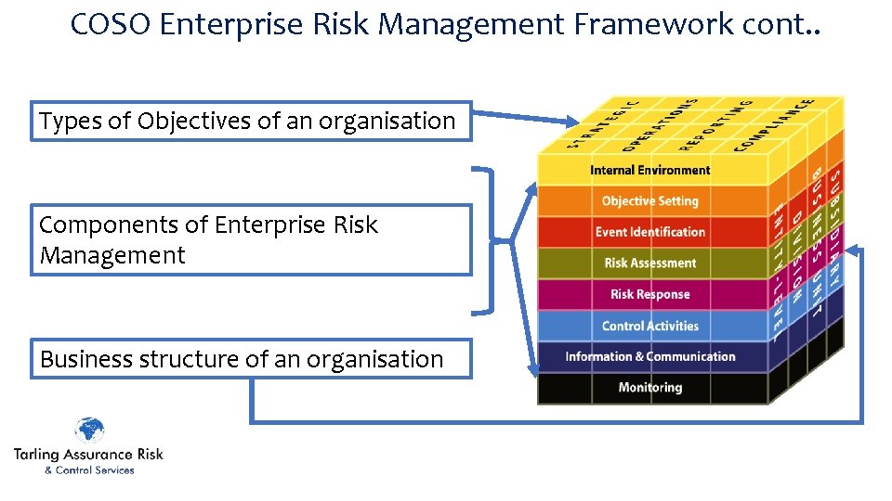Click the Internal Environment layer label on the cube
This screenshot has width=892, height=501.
(x=649, y=170)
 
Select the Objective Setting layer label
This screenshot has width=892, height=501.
(x=649, y=201)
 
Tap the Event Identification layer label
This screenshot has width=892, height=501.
(x=649, y=232)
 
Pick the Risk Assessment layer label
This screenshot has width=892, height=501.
(x=649, y=263)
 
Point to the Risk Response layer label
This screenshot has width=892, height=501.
(x=649, y=295)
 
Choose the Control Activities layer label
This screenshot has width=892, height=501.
(x=649, y=326)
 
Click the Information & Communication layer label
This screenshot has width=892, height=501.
(x=649, y=357)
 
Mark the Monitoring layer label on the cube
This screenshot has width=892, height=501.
(x=649, y=388)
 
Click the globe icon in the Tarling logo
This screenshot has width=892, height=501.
(x=89, y=431)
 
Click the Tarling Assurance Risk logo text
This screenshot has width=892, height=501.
(x=88, y=454)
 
